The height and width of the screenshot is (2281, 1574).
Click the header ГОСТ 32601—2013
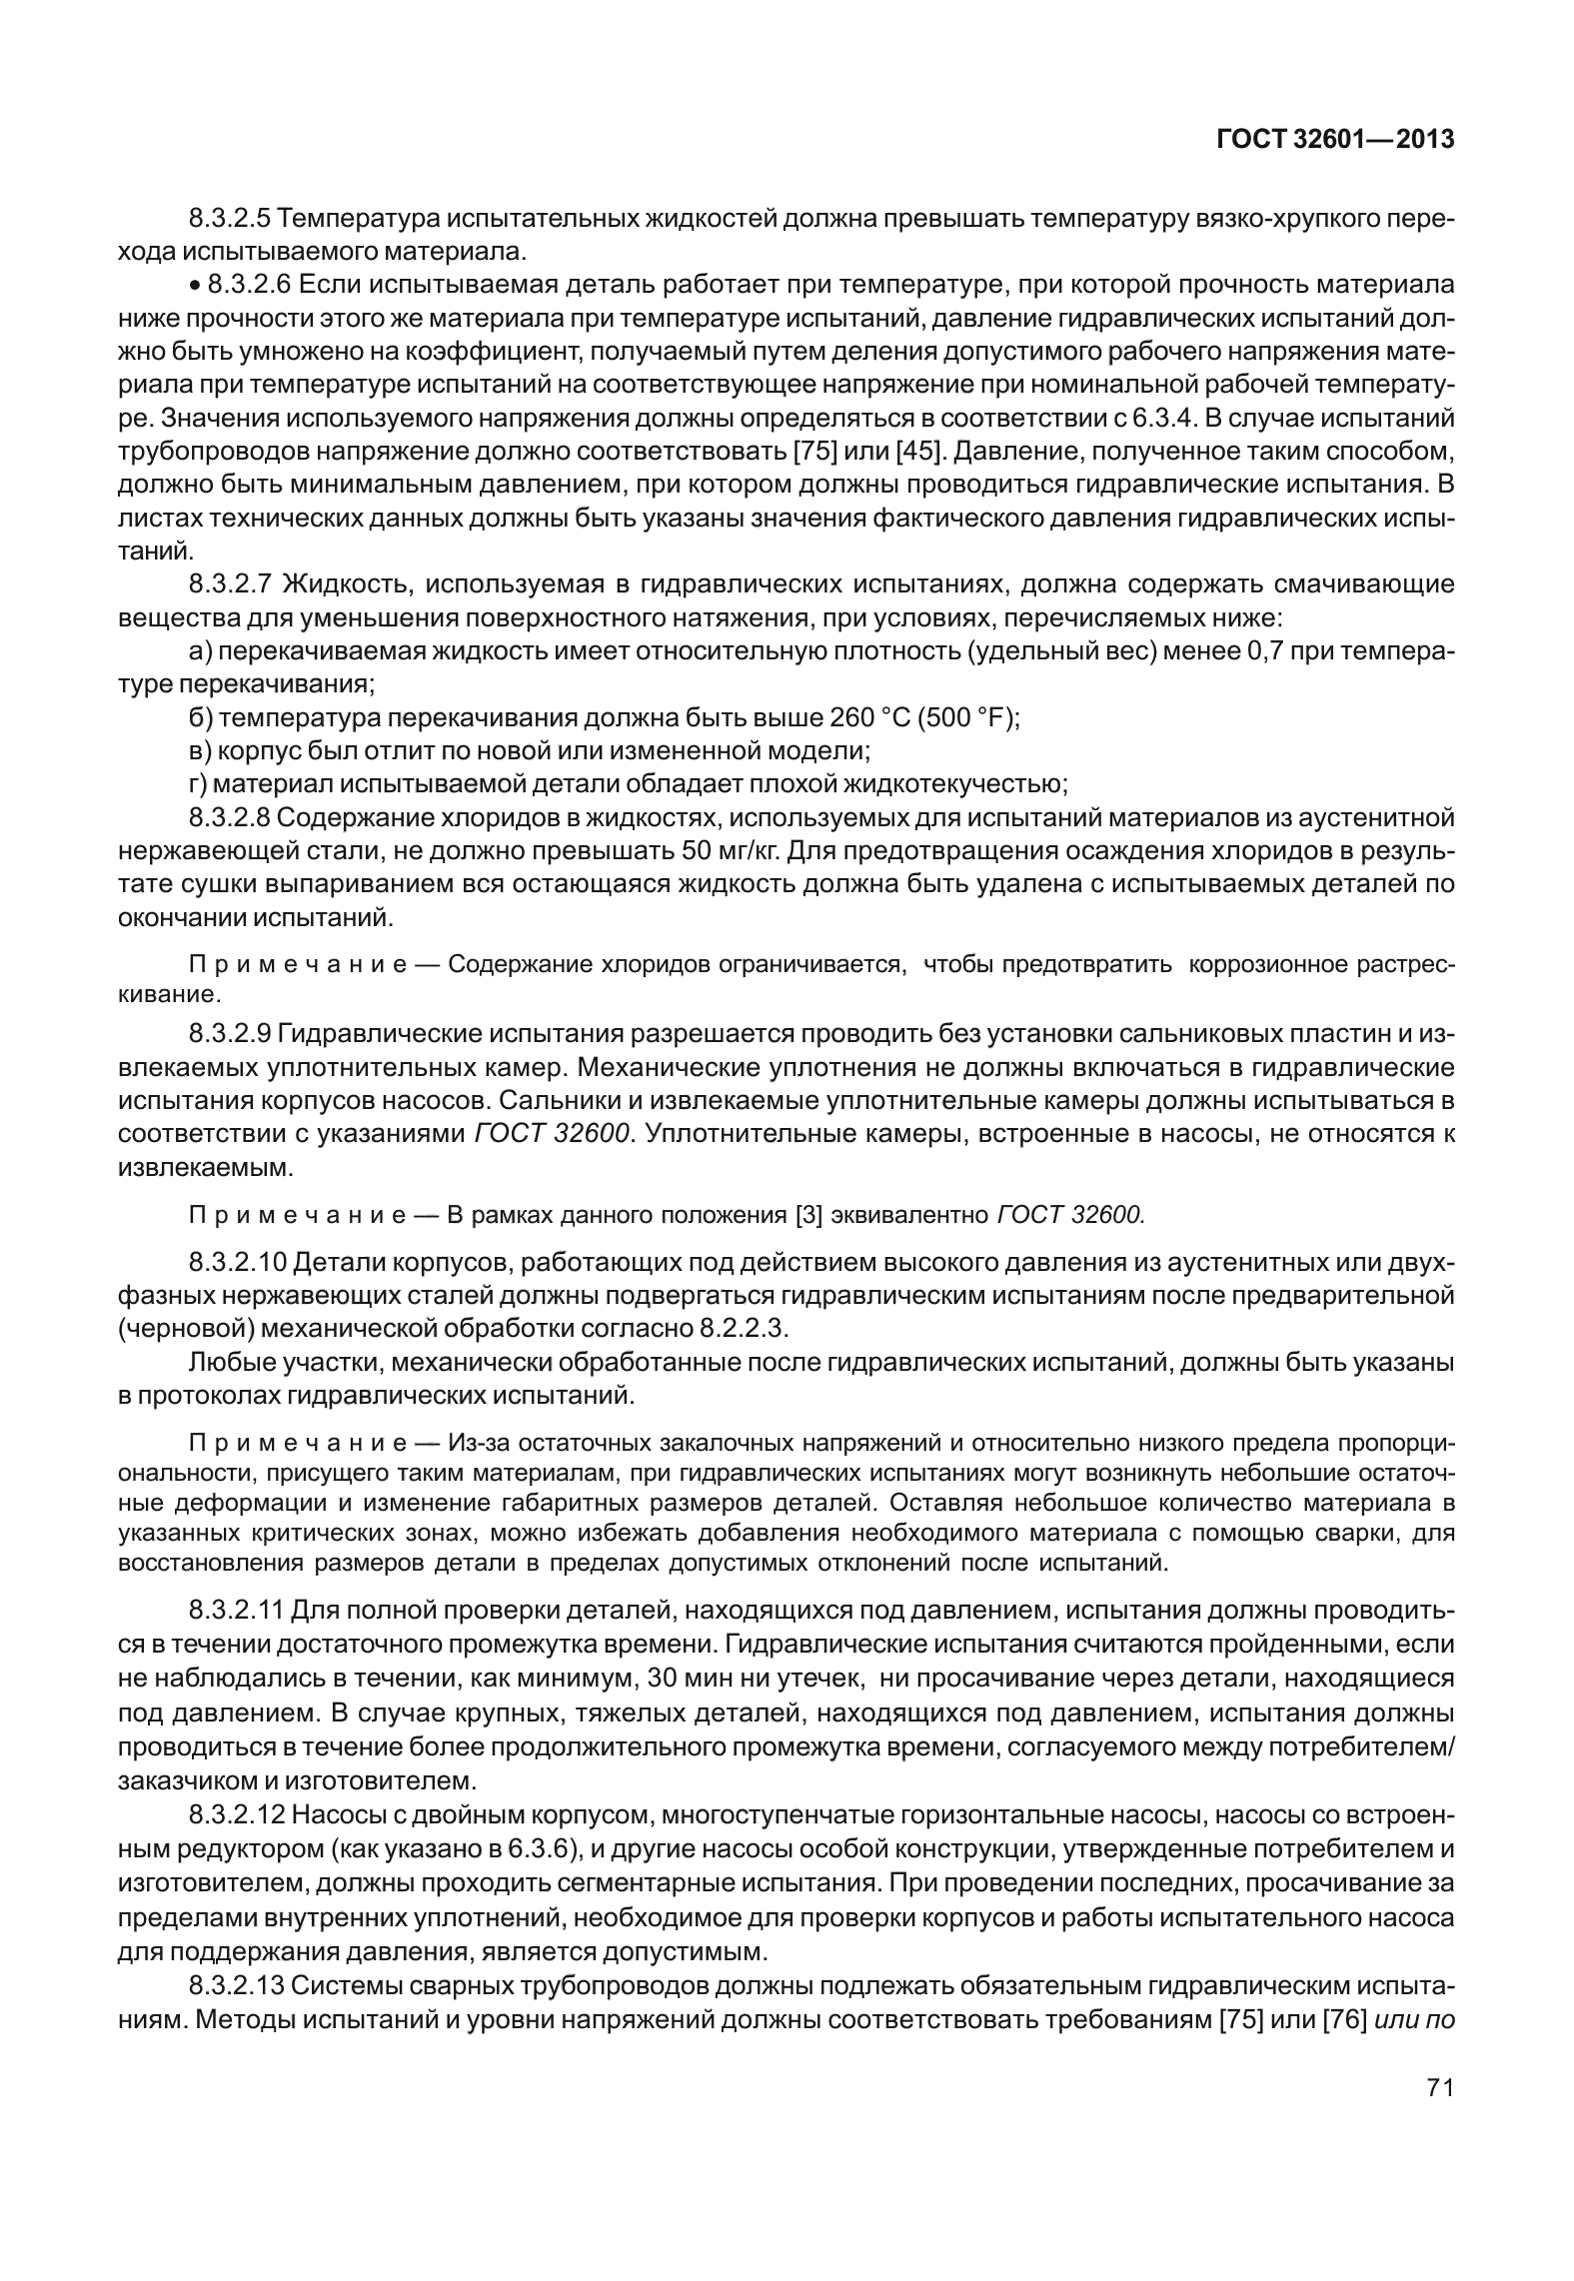click(1334, 140)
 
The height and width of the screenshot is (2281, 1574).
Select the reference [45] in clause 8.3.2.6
click(919, 451)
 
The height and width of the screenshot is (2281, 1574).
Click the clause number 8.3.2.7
click(231, 583)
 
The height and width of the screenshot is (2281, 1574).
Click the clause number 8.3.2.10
click(236, 1263)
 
